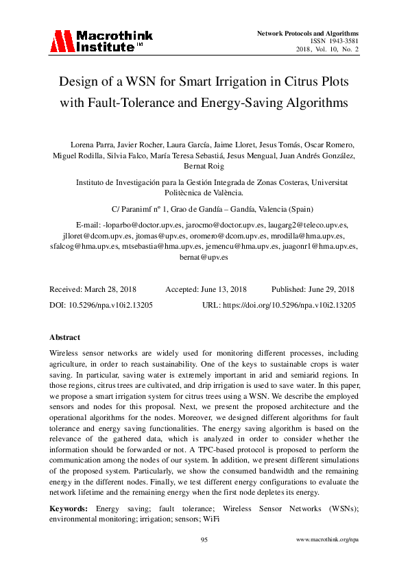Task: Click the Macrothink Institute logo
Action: click(x=101, y=41)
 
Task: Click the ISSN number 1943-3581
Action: click(x=342, y=41)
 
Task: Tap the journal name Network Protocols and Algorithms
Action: click(x=307, y=33)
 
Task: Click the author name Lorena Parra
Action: click(x=89, y=145)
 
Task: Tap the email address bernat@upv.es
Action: click(x=204, y=257)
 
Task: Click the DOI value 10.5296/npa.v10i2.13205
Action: click(x=115, y=304)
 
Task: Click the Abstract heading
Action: click(x=65, y=337)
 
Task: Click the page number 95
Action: click(x=204, y=541)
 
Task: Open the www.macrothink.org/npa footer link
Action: click(x=327, y=541)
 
